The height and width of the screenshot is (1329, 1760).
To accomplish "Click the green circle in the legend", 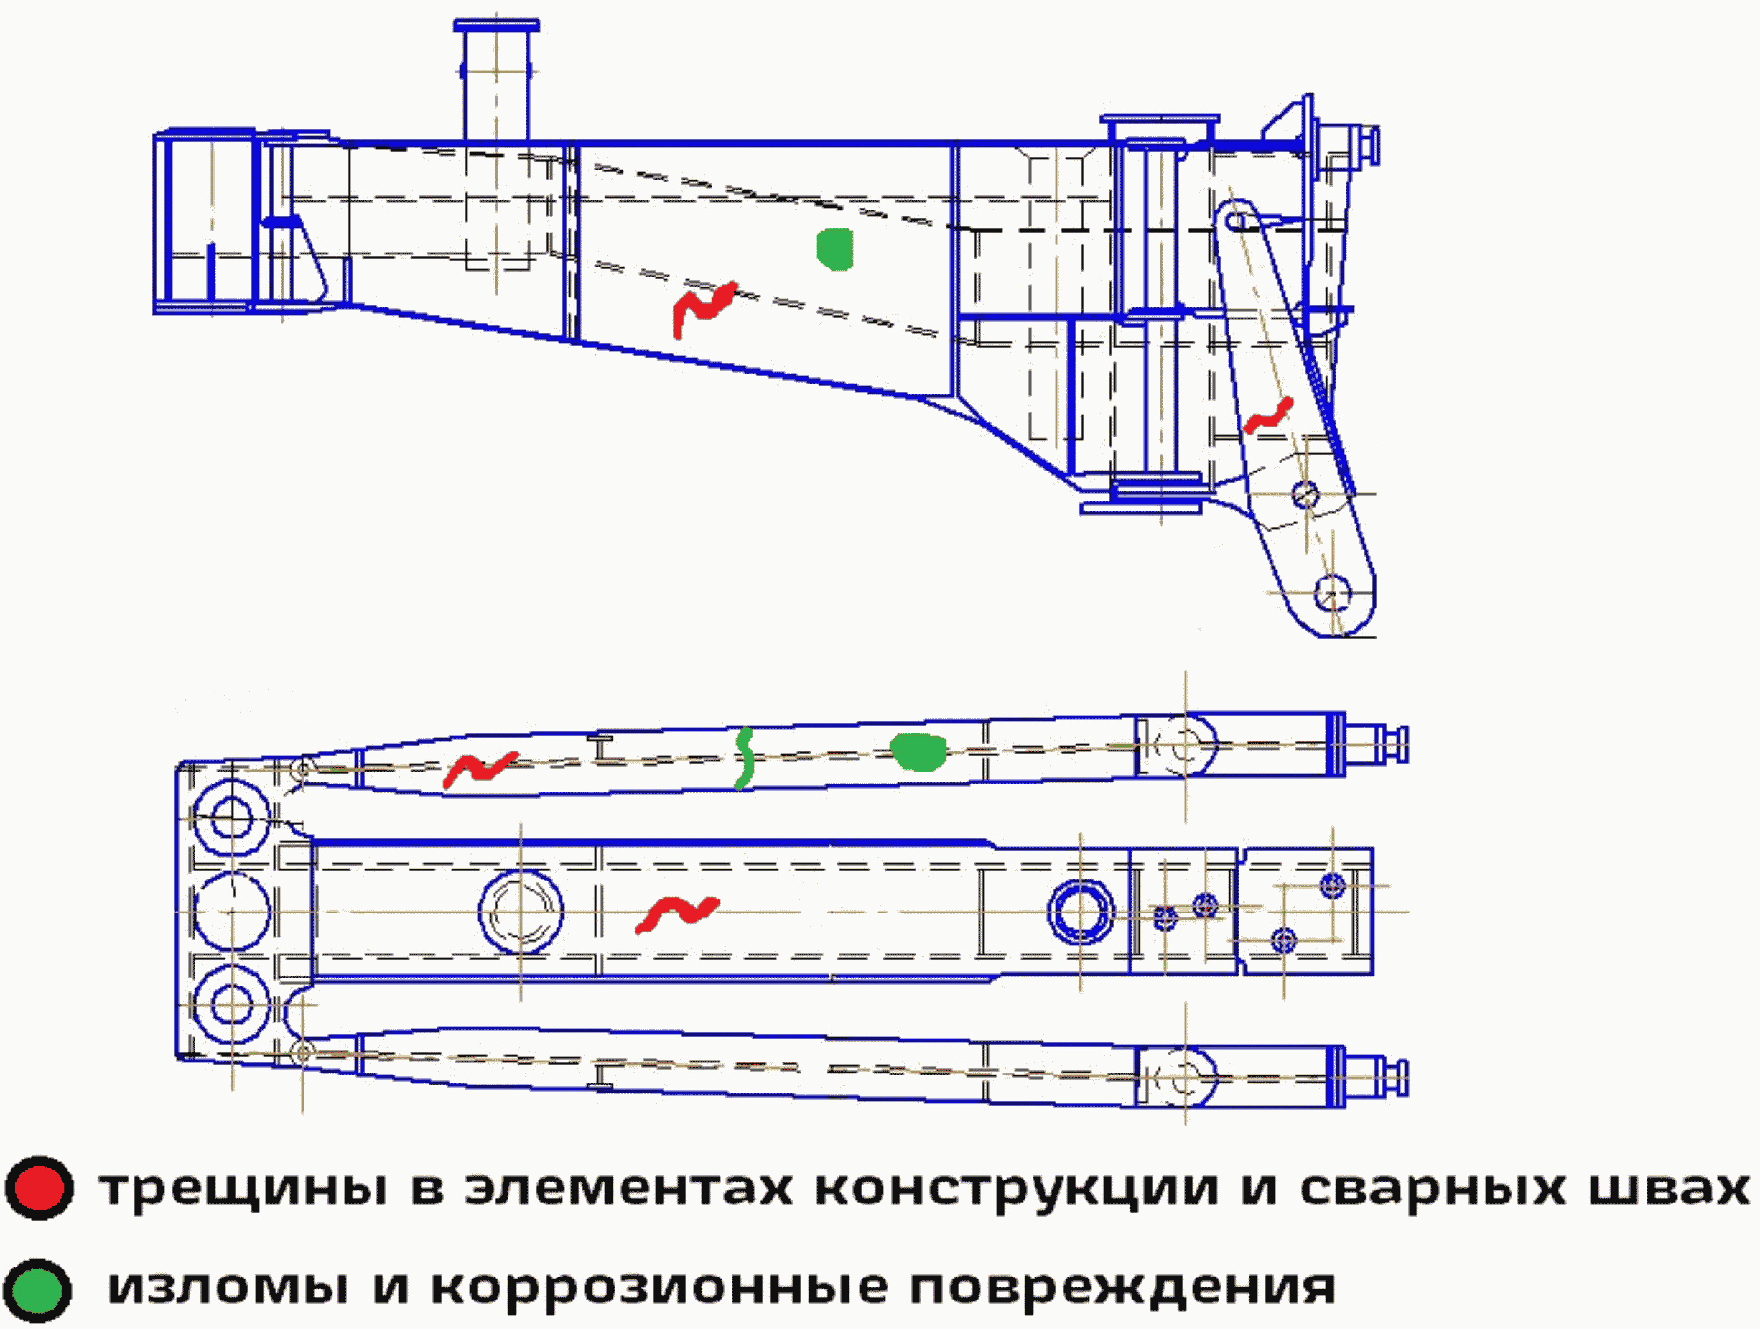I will pos(37,1289).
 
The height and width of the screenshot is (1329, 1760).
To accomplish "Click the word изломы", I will pos(228,1287).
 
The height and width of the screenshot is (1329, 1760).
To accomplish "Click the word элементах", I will pos(628,1187).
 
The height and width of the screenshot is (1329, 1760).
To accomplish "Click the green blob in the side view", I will pos(834,249).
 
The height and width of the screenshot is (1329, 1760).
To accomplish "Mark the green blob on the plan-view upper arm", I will pos(918,752).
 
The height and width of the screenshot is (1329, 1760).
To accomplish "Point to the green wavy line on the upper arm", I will pos(744,759).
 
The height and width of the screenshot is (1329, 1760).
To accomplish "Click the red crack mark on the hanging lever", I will pos(1268,416).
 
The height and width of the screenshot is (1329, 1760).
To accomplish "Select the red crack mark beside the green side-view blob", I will pos(704,306).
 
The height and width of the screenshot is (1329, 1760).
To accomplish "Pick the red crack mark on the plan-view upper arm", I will pos(480,769).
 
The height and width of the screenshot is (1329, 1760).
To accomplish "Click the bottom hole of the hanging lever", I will pos(1332,593).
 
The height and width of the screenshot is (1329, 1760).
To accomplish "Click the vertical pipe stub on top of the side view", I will pos(495,80).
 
